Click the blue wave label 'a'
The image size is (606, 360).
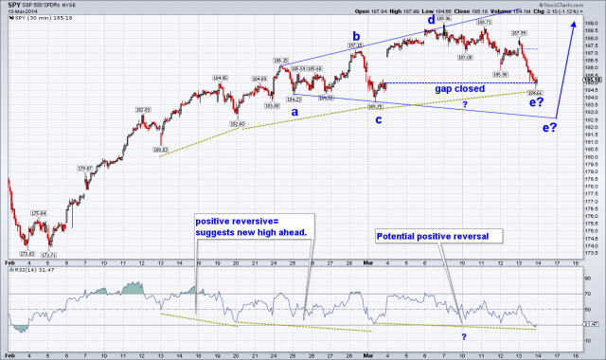click(294, 111)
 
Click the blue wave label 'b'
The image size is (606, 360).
click(355, 37)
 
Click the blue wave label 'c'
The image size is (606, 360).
click(379, 118)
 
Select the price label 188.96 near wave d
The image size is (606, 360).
click(442, 18)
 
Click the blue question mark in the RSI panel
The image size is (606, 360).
click(464, 336)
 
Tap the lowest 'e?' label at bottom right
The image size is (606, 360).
click(548, 127)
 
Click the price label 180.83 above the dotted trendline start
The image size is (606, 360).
click(159, 150)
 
